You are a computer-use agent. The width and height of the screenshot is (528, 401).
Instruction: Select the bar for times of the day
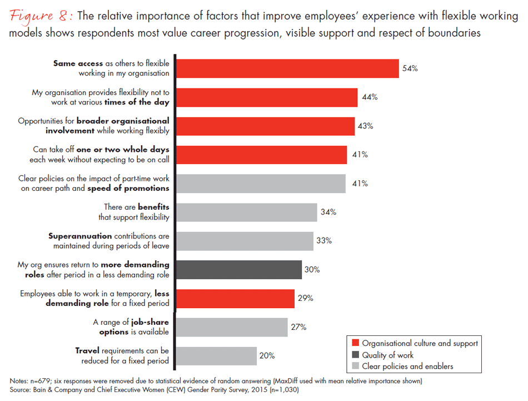click(266, 97)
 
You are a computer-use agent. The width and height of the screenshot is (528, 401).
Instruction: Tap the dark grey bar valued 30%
click(238, 270)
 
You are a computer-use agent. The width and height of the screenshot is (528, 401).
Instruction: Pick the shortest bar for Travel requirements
click(216, 356)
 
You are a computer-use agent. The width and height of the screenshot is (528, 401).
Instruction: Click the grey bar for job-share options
click(231, 328)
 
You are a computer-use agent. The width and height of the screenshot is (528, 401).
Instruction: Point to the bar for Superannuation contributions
click(244, 241)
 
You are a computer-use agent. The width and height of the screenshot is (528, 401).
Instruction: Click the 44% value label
click(370, 97)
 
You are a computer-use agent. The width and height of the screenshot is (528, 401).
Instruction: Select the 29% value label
click(305, 299)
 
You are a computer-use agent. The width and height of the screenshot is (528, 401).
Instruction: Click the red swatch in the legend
click(354, 343)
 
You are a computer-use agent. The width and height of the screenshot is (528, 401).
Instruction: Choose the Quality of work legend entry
click(387, 355)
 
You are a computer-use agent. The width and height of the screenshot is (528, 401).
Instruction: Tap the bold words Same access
click(78, 63)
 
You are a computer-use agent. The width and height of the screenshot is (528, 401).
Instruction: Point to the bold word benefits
click(153, 207)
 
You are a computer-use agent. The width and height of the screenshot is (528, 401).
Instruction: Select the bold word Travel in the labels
click(88, 351)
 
